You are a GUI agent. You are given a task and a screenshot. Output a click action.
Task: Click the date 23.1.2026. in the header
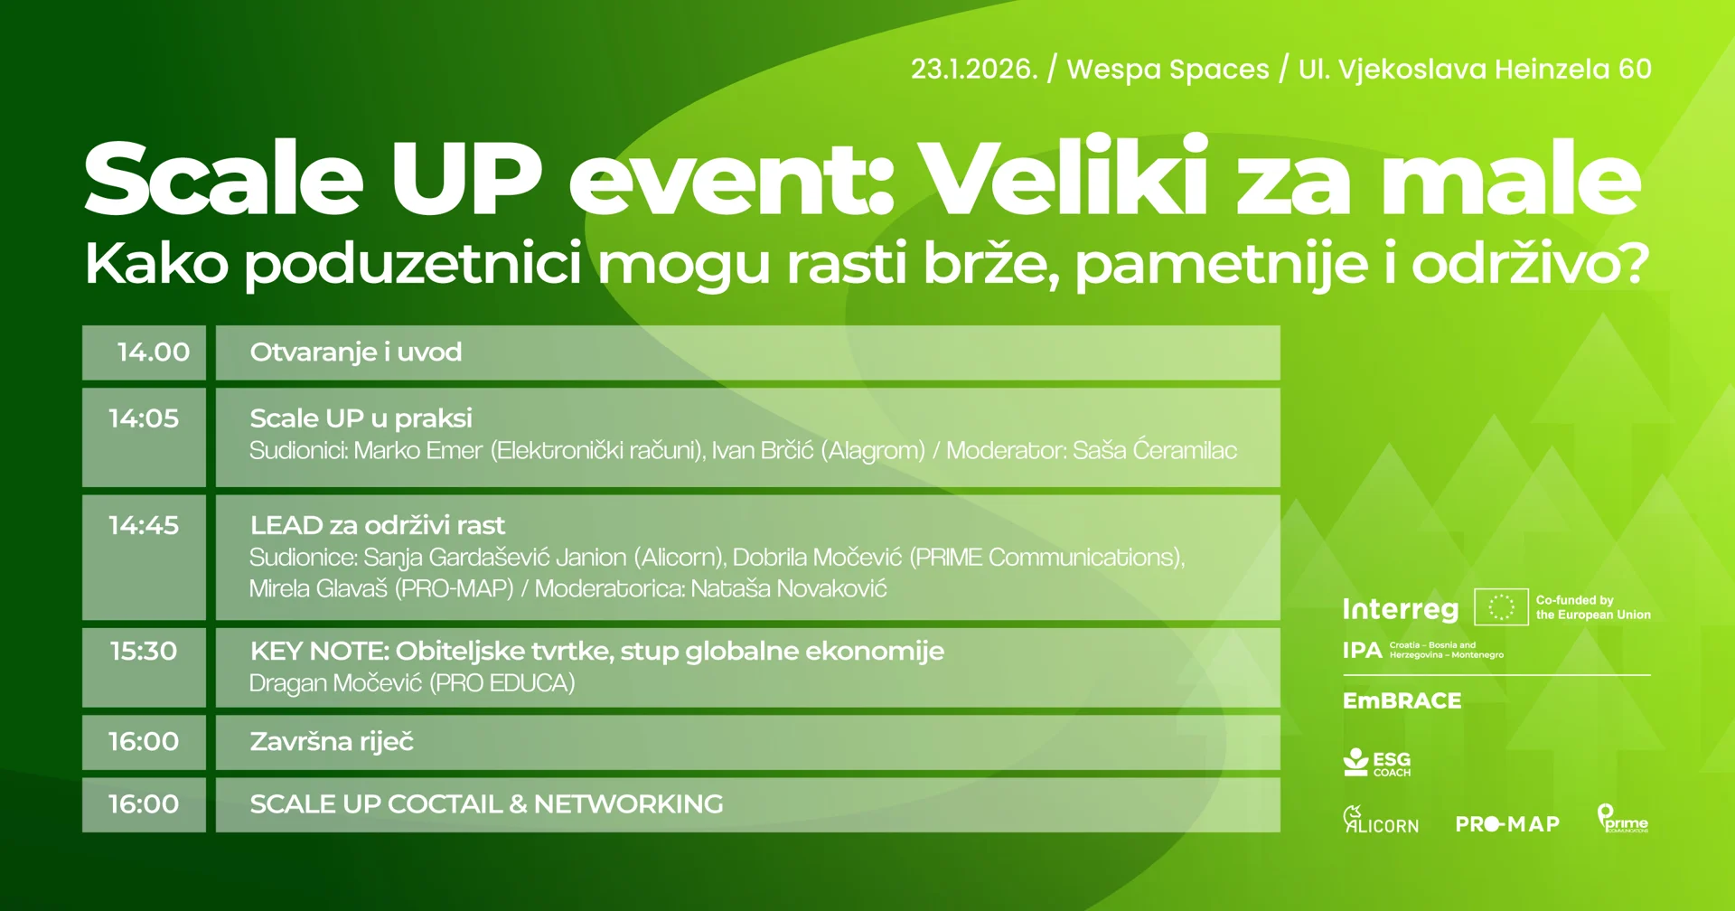[974, 69]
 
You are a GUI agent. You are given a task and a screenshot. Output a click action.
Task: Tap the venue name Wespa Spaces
[1168, 70]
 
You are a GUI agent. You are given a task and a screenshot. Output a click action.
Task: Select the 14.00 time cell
[144, 352]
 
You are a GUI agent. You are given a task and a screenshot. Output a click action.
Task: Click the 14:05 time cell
[144, 437]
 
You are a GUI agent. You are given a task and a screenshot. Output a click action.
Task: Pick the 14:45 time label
[144, 525]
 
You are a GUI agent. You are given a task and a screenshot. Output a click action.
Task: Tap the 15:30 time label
[144, 651]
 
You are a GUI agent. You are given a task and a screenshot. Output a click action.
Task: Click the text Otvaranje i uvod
[356, 352]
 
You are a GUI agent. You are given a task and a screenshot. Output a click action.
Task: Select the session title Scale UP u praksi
[361, 418]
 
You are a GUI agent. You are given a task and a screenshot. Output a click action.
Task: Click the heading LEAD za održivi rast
[378, 525]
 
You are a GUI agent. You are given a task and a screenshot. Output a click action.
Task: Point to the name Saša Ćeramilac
[1155, 450]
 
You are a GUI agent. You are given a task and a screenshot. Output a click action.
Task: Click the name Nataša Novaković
[789, 588]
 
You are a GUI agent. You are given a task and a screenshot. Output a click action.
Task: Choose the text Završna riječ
[332, 742]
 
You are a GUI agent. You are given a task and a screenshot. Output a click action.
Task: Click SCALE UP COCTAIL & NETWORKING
[486, 803]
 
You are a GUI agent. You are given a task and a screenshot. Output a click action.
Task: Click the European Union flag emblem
[1501, 607]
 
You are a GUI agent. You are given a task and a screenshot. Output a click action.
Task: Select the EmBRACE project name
[1402, 700]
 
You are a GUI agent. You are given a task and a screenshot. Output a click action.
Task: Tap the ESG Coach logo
[1377, 763]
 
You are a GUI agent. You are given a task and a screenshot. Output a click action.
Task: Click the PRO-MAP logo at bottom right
[1507, 824]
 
